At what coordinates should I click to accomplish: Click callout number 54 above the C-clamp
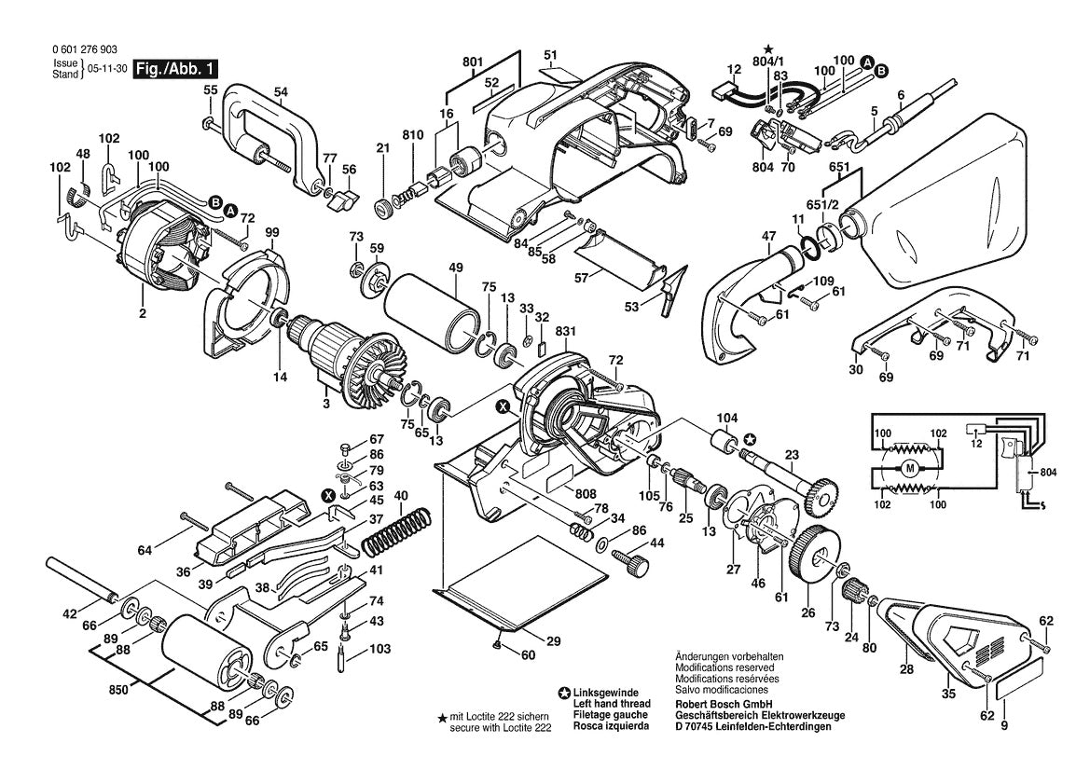[x=281, y=91]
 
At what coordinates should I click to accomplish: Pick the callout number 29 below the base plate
[x=553, y=641]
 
